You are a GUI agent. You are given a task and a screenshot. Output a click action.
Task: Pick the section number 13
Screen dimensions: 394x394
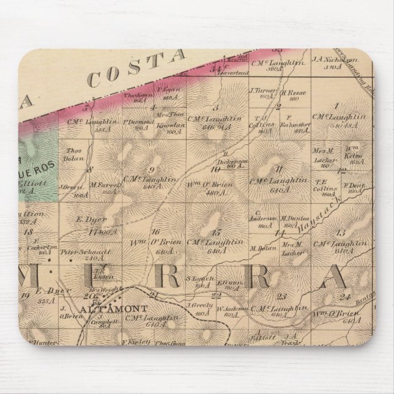(x=341, y=232)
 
